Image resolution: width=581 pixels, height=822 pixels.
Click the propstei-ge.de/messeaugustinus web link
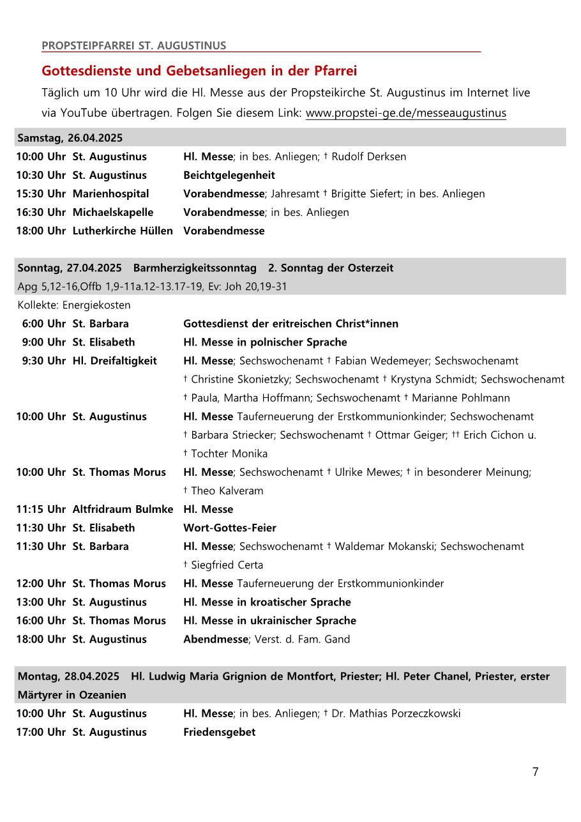pyautogui.click(x=405, y=113)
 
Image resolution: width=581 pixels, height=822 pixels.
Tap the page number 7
pyautogui.click(x=535, y=772)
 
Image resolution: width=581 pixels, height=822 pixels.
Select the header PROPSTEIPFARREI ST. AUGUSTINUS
pyautogui.click(x=133, y=45)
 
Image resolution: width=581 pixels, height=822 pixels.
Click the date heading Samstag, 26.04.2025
pyautogui.click(x=70, y=138)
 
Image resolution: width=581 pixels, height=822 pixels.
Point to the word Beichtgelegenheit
pyautogui.click(x=229, y=175)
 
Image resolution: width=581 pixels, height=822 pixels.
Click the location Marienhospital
pyautogui.click(x=110, y=194)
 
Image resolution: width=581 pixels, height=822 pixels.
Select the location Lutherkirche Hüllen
pyautogui.click(x=123, y=231)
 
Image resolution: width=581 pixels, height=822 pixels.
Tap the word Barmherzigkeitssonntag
pyautogui.click(x=195, y=268)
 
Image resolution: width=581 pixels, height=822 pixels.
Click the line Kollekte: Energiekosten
pyautogui.click(x=74, y=305)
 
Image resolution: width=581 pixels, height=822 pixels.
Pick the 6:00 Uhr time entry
pyautogui.click(x=43, y=324)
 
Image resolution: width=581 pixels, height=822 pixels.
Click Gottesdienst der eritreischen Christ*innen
pyautogui.click(x=290, y=324)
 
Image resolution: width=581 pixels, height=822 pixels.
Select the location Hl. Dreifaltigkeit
pyautogui.click(x=114, y=361)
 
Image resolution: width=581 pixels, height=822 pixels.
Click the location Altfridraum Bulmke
pyautogui.click(x=123, y=509)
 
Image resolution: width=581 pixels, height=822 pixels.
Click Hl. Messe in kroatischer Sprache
pyautogui.click(x=267, y=602)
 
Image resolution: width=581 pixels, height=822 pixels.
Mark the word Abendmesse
pyautogui.click(x=215, y=639)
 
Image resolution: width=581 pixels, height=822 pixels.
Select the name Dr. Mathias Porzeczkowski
pyautogui.click(x=396, y=713)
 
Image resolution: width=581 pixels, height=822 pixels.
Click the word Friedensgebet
pyautogui.click(x=219, y=732)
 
